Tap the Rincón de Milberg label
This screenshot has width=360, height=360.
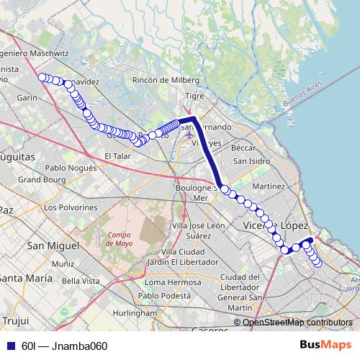click(x=166, y=80)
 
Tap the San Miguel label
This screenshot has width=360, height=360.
click(x=52, y=246)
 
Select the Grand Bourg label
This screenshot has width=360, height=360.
click(x=42, y=179)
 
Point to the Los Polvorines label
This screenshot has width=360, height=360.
click(x=70, y=207)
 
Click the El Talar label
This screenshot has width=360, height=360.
click(x=116, y=156)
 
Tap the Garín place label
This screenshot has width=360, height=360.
click(x=27, y=97)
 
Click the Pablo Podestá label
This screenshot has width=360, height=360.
click(x=169, y=295)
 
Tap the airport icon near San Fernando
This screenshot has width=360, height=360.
click(x=189, y=134)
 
